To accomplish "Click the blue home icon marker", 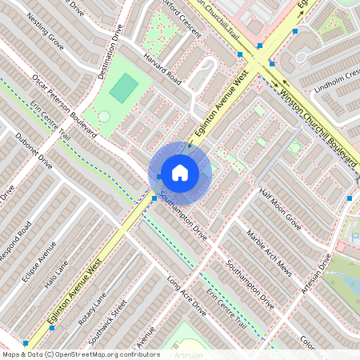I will click(x=180, y=172).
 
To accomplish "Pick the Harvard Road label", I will click(x=163, y=70).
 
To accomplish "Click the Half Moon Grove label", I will click(x=279, y=210).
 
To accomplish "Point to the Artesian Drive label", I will click(x=316, y=280).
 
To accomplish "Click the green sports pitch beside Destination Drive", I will click(x=122, y=87).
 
